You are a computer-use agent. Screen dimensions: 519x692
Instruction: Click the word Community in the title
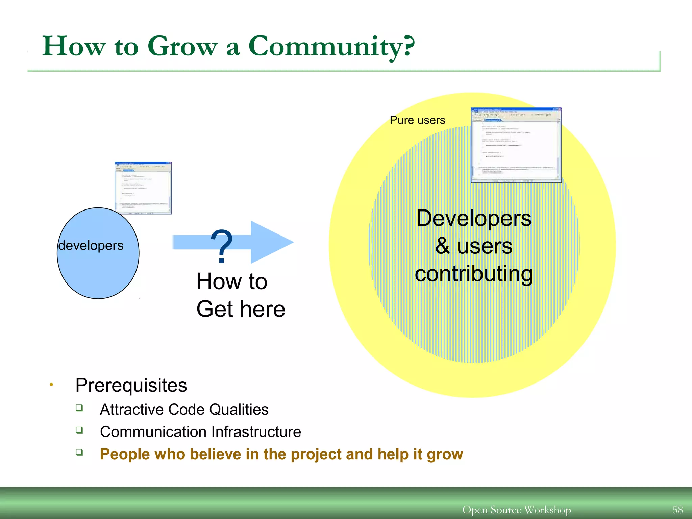click(x=331, y=47)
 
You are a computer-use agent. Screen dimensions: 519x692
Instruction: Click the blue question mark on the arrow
click(x=221, y=246)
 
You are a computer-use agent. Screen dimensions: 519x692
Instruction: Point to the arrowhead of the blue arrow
click(x=272, y=242)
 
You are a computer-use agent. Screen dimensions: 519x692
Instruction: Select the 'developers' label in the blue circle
click(x=91, y=246)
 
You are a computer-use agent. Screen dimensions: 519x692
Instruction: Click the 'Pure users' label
click(x=417, y=120)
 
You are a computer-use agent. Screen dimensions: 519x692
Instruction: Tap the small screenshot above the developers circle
click(x=143, y=188)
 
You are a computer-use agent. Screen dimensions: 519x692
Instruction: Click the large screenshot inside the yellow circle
click(x=516, y=145)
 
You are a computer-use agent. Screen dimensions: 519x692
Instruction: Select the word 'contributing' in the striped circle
click(x=474, y=274)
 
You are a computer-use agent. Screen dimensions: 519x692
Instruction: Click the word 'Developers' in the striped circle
click(x=474, y=218)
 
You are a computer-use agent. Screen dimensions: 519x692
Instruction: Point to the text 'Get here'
click(x=241, y=309)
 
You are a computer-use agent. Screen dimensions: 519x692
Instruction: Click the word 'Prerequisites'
click(x=131, y=385)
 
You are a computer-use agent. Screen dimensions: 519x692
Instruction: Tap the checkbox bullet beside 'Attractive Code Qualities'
click(x=79, y=408)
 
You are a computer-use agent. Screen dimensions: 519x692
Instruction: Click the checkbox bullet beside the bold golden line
click(x=79, y=452)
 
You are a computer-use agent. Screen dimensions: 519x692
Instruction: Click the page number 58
click(x=677, y=510)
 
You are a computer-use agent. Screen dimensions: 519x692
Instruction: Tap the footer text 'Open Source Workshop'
click(x=516, y=510)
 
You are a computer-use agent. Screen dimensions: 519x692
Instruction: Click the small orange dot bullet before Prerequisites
click(x=51, y=385)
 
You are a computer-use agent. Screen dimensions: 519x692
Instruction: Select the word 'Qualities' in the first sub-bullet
click(x=239, y=410)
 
